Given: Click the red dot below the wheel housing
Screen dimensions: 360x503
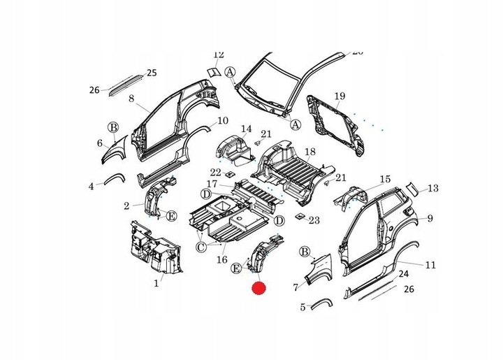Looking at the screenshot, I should pyautogui.click(x=260, y=287).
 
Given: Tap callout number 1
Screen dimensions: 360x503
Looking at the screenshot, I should pyautogui.click(x=156, y=284).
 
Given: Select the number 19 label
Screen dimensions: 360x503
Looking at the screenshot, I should pyautogui.click(x=340, y=96).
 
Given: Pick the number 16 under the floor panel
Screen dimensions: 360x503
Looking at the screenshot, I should pyautogui.click(x=223, y=259).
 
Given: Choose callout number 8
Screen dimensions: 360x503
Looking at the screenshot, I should pyautogui.click(x=131, y=99).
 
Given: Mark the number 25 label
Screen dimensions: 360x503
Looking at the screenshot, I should pyautogui.click(x=152, y=73).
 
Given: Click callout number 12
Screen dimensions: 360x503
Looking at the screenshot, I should pyautogui.click(x=218, y=55).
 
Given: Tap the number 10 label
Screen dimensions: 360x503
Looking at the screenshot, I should pyautogui.click(x=223, y=121).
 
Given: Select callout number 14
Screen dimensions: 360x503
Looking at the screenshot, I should pyautogui.click(x=246, y=129).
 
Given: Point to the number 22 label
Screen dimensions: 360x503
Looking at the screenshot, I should pyautogui.click(x=216, y=173).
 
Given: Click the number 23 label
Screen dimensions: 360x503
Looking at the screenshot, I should pyautogui.click(x=314, y=220).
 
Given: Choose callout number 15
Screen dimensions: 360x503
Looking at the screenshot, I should pyautogui.click(x=385, y=180).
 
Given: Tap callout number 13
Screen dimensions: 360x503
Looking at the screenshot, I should pyautogui.click(x=433, y=188).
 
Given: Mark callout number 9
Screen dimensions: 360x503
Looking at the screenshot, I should pyautogui.click(x=431, y=219).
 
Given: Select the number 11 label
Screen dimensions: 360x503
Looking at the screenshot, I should pyautogui.click(x=430, y=266).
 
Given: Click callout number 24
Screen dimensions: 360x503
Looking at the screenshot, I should pyautogui.click(x=403, y=275).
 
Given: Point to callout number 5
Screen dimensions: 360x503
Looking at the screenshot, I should pyautogui.click(x=302, y=307).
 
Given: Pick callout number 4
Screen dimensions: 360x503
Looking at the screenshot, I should pyautogui.click(x=91, y=186).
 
